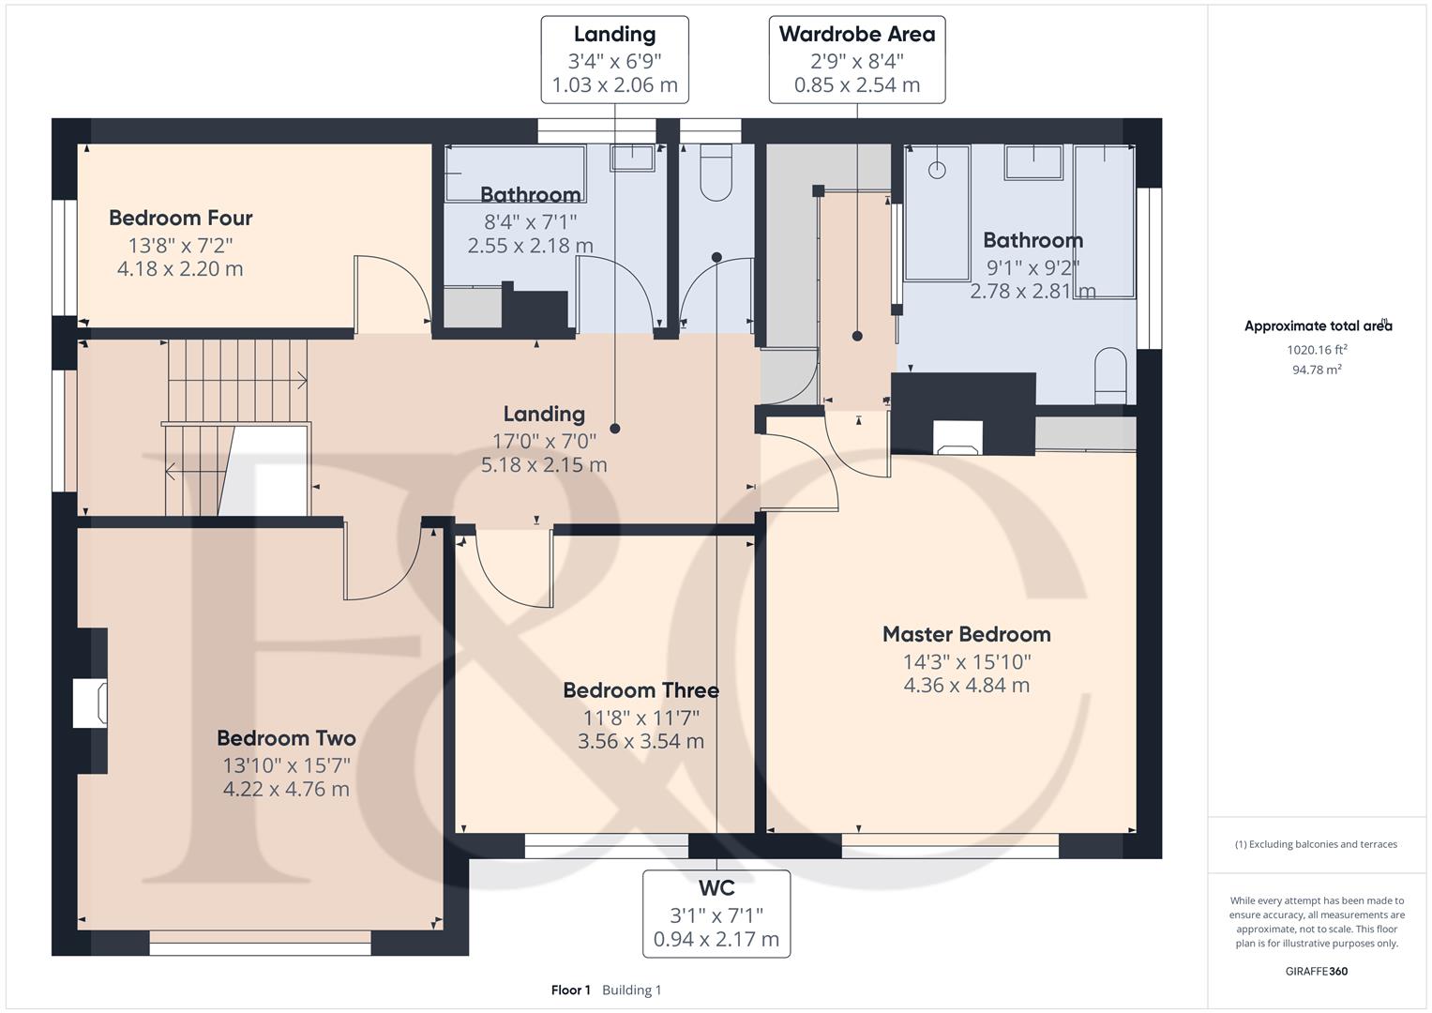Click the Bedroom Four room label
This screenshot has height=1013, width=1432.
[180, 219]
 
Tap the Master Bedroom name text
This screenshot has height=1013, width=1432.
[966, 635]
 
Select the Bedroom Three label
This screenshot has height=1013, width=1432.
[641, 691]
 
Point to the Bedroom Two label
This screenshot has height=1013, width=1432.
[286, 739]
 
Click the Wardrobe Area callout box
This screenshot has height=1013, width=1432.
[856, 59]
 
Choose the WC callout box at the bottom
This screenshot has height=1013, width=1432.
[716, 914]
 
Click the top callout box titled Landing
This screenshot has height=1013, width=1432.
[614, 59]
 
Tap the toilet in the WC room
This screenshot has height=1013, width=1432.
[716, 174]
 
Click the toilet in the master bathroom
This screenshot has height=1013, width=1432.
[1110, 374]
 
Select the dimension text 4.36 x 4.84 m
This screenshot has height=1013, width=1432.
[966, 686]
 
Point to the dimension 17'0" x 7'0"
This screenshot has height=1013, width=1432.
[544, 440]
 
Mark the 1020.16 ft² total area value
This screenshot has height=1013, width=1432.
[1317, 350]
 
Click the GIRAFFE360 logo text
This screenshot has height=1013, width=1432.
[1317, 971]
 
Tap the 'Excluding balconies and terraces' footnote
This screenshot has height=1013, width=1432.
[1316, 844]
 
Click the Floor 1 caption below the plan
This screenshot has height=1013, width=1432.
[570, 990]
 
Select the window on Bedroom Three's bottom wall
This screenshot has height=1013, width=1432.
[606, 846]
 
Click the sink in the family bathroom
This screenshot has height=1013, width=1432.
[632, 158]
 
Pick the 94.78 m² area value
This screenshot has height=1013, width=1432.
[1317, 370]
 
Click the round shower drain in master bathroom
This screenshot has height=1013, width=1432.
[936, 170]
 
